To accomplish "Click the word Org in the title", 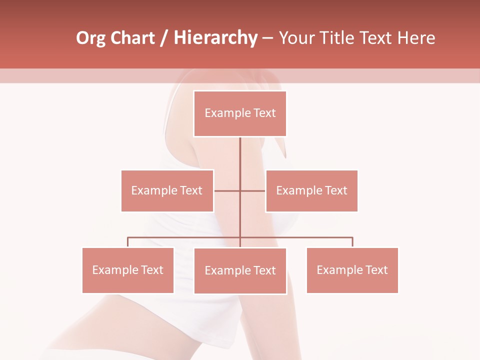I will pos(91,38).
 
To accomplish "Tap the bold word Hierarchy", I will pos(215,38).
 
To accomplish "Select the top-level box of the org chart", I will pos(240,113).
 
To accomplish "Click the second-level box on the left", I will pos(167,190).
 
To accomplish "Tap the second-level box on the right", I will pos(311,190).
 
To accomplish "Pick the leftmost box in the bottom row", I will pos(128,270).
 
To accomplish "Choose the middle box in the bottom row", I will pos(240,270).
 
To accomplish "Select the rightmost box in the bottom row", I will pos(352,270).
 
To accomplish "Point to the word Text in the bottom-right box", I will pos(376,270).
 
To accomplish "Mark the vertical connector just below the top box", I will pos(240,152).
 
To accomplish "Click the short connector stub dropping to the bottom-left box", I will pos(128,242).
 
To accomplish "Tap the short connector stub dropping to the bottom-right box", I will pos(352,242).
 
